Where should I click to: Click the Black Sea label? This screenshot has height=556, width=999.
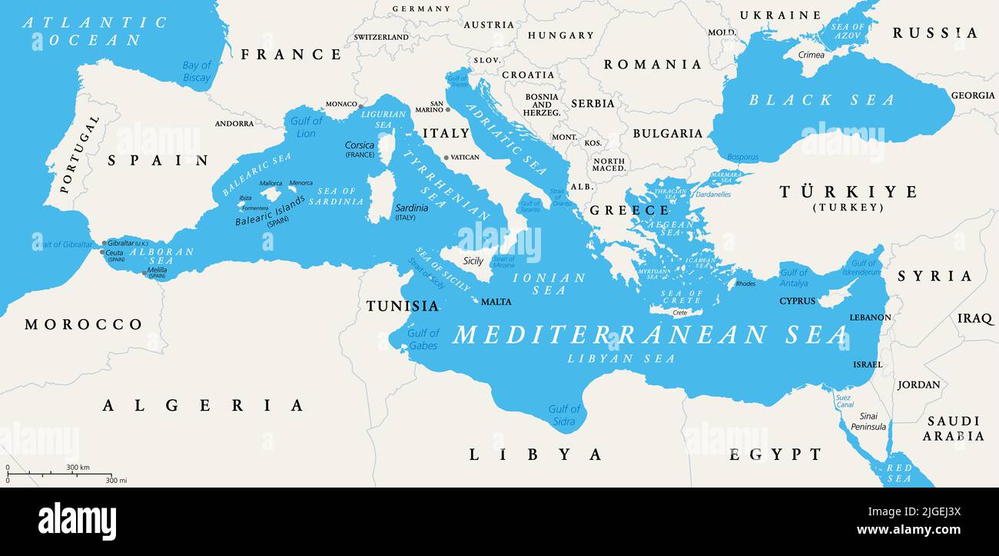821,100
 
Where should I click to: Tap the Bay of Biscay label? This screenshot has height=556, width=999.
197,72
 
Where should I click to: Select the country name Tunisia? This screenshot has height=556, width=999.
402,306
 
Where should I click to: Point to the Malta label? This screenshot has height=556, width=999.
496,302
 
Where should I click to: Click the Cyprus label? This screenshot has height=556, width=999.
797,301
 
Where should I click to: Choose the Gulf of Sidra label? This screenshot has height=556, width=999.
564,415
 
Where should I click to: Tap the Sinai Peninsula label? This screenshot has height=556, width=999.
868,421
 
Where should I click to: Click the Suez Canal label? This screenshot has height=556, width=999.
844,401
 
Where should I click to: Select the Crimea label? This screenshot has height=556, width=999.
811,55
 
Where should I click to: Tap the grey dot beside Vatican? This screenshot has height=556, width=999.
446,158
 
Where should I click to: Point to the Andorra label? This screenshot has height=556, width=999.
234,124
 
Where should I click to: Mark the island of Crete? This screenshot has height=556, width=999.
676,311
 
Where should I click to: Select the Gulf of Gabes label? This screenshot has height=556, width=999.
423,339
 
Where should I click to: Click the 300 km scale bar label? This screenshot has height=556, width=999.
78,468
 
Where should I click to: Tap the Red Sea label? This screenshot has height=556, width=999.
898,473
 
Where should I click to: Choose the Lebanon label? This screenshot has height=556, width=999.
870,317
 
